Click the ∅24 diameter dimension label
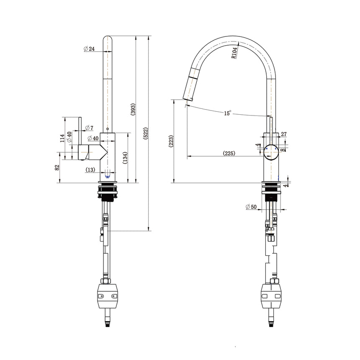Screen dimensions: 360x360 pyautogui.click(x=89, y=49)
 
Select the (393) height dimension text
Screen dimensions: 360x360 pyautogui.click(x=133, y=110)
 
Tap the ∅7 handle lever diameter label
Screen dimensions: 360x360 pyautogui.click(x=89, y=128)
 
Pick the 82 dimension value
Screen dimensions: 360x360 pyautogui.click(x=57, y=167)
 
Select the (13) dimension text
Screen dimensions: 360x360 pyautogui.click(x=90, y=170)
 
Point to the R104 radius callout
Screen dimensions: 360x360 pyautogui.click(x=234, y=53)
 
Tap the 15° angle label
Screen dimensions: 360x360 pyautogui.click(x=227, y=113)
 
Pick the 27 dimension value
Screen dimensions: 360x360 pyautogui.click(x=284, y=134)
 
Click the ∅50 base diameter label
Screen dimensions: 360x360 pyautogui.click(x=251, y=207)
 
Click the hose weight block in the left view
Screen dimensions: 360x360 pyautogui.click(x=108, y=296)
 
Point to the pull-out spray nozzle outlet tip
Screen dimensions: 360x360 pyautogui.click(x=187, y=99)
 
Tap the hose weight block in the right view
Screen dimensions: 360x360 pyautogui.click(x=270, y=296)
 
